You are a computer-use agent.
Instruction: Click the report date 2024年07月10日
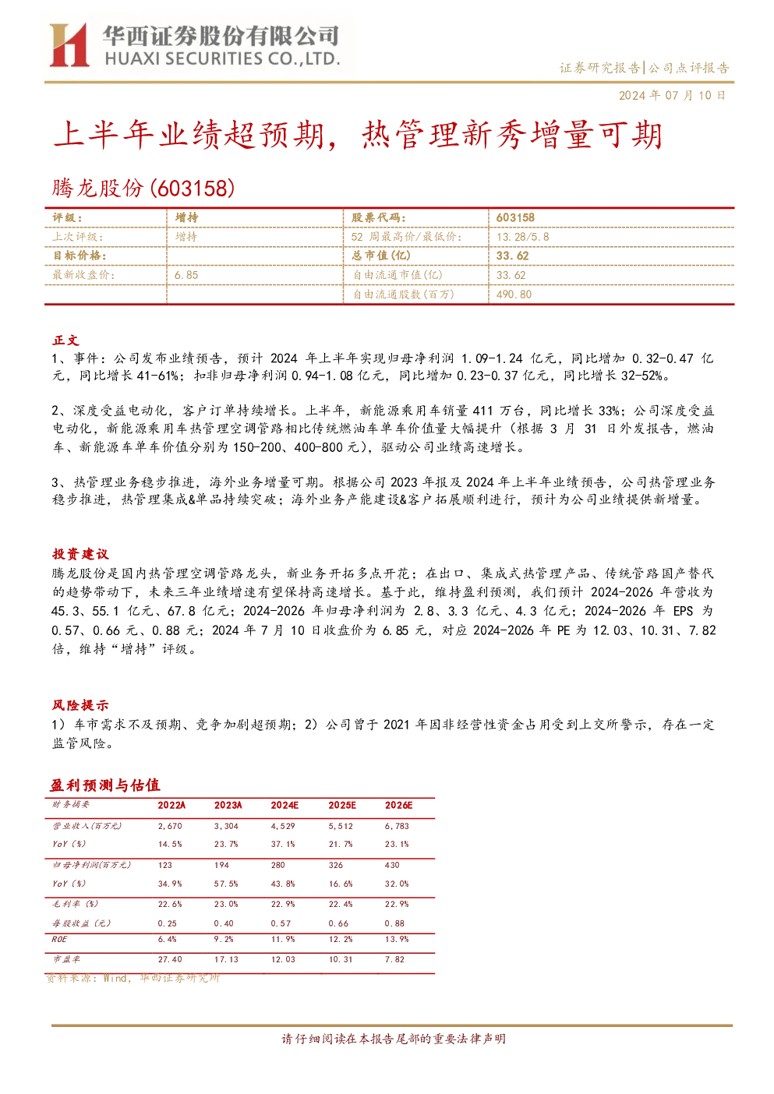click(672, 95)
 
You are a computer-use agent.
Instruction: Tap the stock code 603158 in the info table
click(515, 218)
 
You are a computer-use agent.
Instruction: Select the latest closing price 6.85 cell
click(186, 275)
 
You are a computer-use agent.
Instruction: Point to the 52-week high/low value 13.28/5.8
click(522, 237)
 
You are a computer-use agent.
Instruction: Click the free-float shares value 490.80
click(514, 294)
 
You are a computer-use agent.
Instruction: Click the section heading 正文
click(66, 341)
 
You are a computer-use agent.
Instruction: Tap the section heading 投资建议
click(80, 554)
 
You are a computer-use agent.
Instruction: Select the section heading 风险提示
click(80, 704)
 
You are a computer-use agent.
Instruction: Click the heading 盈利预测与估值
click(105, 785)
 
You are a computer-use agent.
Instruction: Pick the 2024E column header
click(285, 806)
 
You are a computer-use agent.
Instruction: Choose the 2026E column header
click(398, 806)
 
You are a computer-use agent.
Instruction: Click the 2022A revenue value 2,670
click(170, 826)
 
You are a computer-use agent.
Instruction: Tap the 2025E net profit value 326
click(336, 865)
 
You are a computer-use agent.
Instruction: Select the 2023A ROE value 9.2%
click(224, 939)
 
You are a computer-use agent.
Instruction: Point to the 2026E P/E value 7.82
click(394, 959)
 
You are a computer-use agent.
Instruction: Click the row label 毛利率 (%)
click(76, 904)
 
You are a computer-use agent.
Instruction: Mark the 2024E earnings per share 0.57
click(281, 923)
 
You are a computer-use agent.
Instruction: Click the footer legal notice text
click(394, 1039)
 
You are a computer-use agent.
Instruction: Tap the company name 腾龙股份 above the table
click(97, 189)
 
